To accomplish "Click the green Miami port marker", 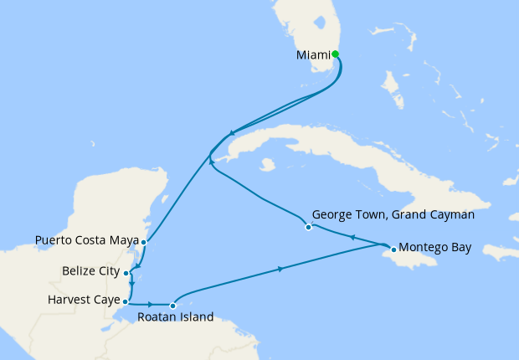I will (x=335, y=54).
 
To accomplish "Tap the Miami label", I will (x=313, y=56).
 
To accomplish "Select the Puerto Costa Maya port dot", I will (x=144, y=242).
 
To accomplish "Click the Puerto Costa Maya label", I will (x=86, y=241).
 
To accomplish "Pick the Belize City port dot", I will (x=126, y=273).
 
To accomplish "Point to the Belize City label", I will (x=91, y=272).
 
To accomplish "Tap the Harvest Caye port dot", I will (x=125, y=301).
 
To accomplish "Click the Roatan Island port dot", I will (x=172, y=306).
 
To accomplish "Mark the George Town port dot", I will (x=308, y=227).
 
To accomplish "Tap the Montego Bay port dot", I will (x=393, y=249).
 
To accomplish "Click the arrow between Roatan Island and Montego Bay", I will (x=280, y=270).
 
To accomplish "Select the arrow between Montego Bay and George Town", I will (x=352, y=238).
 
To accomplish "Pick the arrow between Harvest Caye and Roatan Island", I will (x=151, y=304).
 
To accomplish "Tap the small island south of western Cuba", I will (x=268, y=165).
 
